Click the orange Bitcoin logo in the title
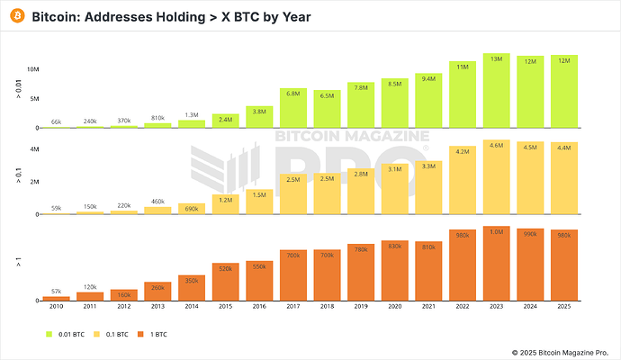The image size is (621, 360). (x=16, y=17)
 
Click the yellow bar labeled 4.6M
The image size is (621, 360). (x=496, y=177)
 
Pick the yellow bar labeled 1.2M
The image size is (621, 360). (x=225, y=204)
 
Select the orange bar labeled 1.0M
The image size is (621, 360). (x=496, y=264)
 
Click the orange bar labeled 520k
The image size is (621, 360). (x=225, y=282)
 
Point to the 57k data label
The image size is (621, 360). (x=56, y=292)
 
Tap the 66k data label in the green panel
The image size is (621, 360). (x=56, y=121)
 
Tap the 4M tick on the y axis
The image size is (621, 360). (x=33, y=148)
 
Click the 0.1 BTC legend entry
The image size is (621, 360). (x=117, y=333)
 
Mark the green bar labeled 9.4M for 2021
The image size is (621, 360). (x=428, y=101)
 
